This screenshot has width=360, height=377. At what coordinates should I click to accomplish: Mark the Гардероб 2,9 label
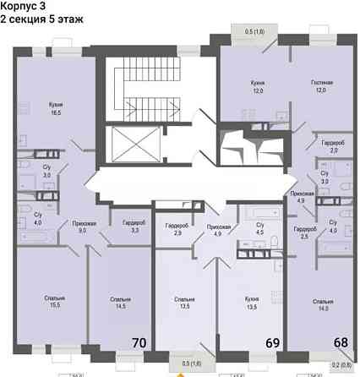click(177, 228)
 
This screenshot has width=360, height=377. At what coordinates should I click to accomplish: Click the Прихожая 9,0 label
click(83, 227)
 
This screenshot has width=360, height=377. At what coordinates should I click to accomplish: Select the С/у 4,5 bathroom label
click(260, 227)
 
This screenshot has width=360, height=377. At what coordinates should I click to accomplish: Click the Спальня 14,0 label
click(322, 303)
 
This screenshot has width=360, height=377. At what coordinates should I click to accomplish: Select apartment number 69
click(273, 343)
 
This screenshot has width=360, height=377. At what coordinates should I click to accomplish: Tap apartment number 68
click(341, 341)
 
